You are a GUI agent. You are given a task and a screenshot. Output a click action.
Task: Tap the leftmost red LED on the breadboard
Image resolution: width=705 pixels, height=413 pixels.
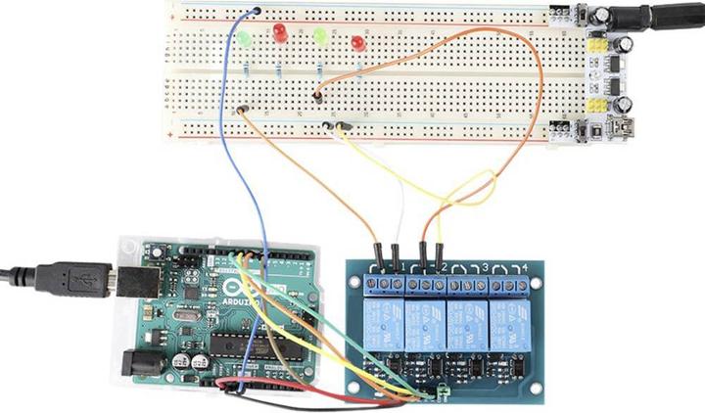click(280, 32)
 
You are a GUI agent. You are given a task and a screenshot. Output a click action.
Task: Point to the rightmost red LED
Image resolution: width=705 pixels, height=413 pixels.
click(358, 44)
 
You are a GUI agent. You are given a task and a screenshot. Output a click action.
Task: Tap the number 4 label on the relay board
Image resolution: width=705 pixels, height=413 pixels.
click(525, 267)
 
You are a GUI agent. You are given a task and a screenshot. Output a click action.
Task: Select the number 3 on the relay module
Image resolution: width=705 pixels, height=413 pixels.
click(484, 267)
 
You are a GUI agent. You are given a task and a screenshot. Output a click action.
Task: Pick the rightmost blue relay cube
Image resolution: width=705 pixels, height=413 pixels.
click(509, 322)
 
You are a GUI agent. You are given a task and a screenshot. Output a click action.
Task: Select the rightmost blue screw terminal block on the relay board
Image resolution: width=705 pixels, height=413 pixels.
click(509, 286)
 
